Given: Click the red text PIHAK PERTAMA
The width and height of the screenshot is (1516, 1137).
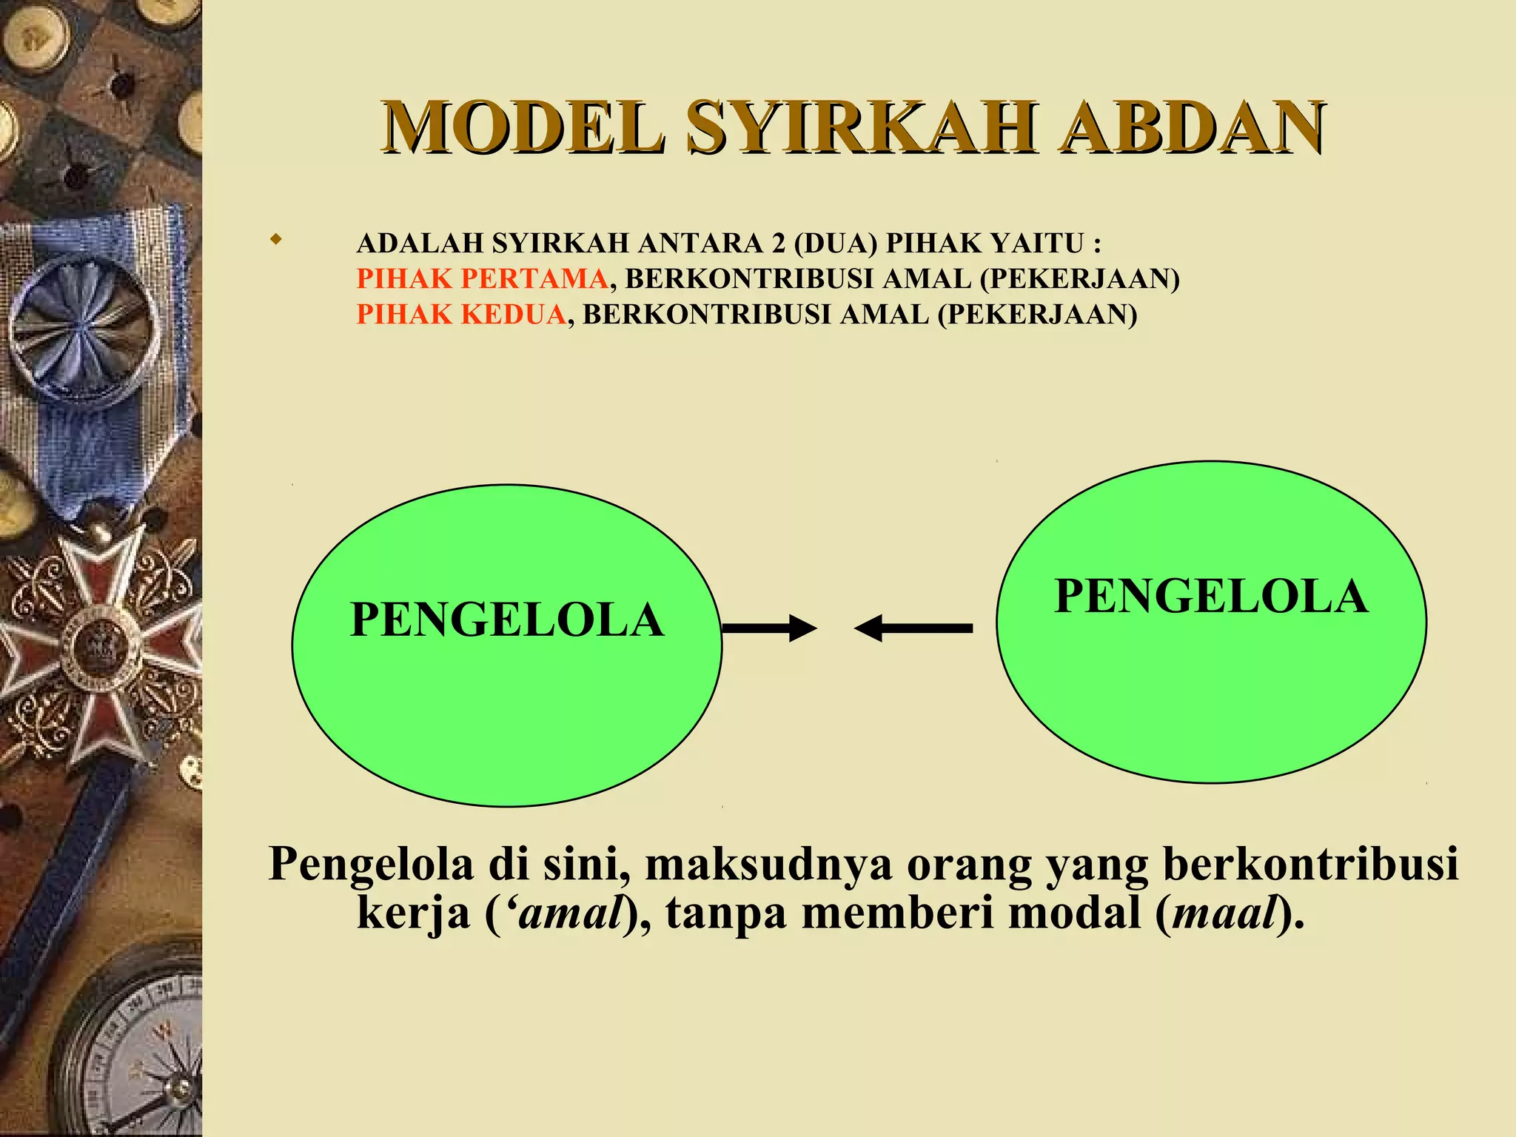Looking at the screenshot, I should click(x=482, y=279).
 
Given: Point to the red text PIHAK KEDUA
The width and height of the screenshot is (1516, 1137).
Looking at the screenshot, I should click(x=461, y=315).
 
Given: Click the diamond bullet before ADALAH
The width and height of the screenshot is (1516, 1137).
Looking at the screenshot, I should click(x=276, y=240).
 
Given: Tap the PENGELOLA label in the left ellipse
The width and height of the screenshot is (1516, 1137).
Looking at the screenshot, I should click(x=506, y=620).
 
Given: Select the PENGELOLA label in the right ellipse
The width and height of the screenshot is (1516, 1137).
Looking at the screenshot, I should click(x=1211, y=596).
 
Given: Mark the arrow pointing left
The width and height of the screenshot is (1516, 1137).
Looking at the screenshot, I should click(x=913, y=628).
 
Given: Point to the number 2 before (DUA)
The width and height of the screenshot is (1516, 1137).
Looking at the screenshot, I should click(x=778, y=243).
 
